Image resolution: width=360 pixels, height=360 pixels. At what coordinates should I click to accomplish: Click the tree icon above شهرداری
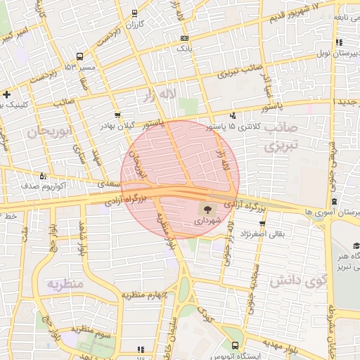[207, 209]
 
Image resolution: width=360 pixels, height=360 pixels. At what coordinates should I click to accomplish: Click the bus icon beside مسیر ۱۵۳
[79, 56]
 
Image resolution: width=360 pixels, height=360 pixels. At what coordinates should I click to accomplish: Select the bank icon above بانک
[184, 38]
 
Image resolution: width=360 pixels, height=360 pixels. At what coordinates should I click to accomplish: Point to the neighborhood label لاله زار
[158, 94]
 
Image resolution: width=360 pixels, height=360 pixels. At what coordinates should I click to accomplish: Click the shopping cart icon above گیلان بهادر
[117, 114]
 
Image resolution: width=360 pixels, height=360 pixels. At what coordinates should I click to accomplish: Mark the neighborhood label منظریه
[65, 283]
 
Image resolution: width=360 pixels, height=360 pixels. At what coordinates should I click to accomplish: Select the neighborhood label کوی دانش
[298, 281]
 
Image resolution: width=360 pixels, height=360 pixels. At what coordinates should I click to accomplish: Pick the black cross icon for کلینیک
[6, 94]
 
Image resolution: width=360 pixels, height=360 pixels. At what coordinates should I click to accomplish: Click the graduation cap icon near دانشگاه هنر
[356, 245]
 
